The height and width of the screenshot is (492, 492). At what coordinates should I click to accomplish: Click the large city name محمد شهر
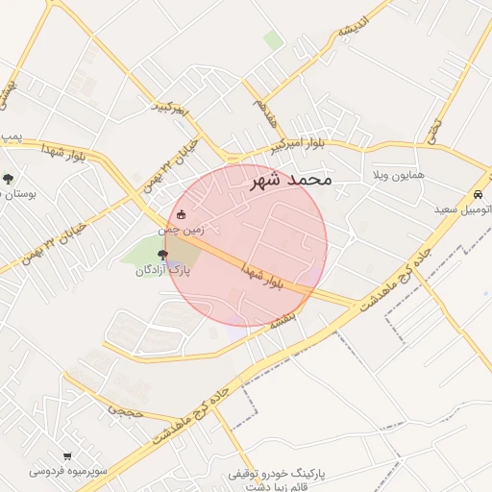tap(290, 179)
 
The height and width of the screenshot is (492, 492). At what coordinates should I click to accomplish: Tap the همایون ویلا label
tap(398, 179)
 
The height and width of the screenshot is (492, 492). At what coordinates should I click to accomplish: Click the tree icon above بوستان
tap(8, 178)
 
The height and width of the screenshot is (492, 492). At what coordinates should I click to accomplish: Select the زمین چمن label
tap(182, 231)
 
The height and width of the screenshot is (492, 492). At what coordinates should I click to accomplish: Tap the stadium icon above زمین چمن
tap(183, 215)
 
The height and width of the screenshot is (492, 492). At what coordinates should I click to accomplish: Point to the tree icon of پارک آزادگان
tap(161, 255)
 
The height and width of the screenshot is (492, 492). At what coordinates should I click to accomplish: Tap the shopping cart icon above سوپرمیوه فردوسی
tap(66, 456)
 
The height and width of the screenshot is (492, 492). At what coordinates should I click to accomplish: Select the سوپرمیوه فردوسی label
tap(66, 472)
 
